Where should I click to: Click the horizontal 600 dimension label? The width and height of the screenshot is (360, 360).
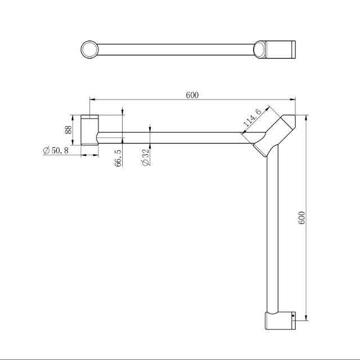click(192, 95)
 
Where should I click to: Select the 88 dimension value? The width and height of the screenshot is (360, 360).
click(68, 129)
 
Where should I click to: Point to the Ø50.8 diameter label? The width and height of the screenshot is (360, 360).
click(56, 151)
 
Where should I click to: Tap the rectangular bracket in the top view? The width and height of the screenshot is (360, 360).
click(279, 49)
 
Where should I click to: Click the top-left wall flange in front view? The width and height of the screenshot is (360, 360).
click(90, 129)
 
